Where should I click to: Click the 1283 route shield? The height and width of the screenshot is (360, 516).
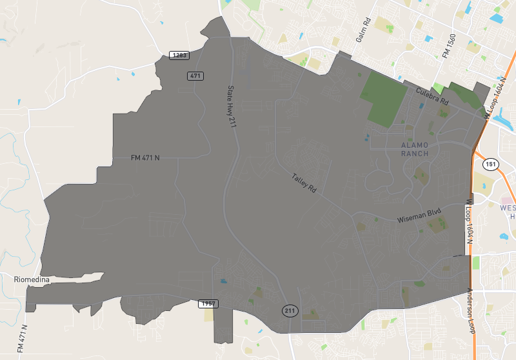(x=180, y=55)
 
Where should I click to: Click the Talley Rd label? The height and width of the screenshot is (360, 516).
(x=304, y=183)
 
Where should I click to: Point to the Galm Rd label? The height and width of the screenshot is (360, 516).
(x=363, y=30)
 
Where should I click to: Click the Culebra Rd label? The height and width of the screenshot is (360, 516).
(x=432, y=96)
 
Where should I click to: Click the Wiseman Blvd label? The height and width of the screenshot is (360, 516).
(x=419, y=214)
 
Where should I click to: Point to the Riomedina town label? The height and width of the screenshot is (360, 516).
(x=32, y=279)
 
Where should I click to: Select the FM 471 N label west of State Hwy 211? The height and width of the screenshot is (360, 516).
(x=145, y=157)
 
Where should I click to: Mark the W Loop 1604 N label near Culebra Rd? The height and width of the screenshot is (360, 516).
(x=495, y=99)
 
